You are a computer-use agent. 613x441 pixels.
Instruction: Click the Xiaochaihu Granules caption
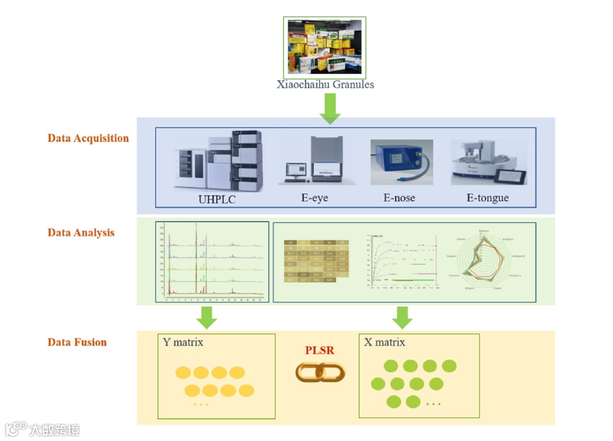click(325, 85)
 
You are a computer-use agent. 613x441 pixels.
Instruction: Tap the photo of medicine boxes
click(325, 47)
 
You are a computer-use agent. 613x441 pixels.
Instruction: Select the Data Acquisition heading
click(88, 138)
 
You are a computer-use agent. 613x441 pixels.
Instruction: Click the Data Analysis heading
click(81, 233)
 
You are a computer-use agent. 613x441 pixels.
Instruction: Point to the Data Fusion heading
click(77, 342)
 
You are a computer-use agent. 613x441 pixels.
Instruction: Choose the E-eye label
click(314, 198)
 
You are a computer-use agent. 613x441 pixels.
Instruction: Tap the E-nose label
click(399, 198)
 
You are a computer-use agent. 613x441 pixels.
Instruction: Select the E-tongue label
click(488, 198)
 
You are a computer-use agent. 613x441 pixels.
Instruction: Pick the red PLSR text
click(320, 351)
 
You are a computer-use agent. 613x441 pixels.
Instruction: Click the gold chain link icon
click(320, 372)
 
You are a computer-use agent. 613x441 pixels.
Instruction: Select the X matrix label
click(385, 342)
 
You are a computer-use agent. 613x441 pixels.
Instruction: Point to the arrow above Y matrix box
click(207, 317)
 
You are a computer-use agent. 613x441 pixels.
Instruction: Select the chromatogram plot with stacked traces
click(212, 261)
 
